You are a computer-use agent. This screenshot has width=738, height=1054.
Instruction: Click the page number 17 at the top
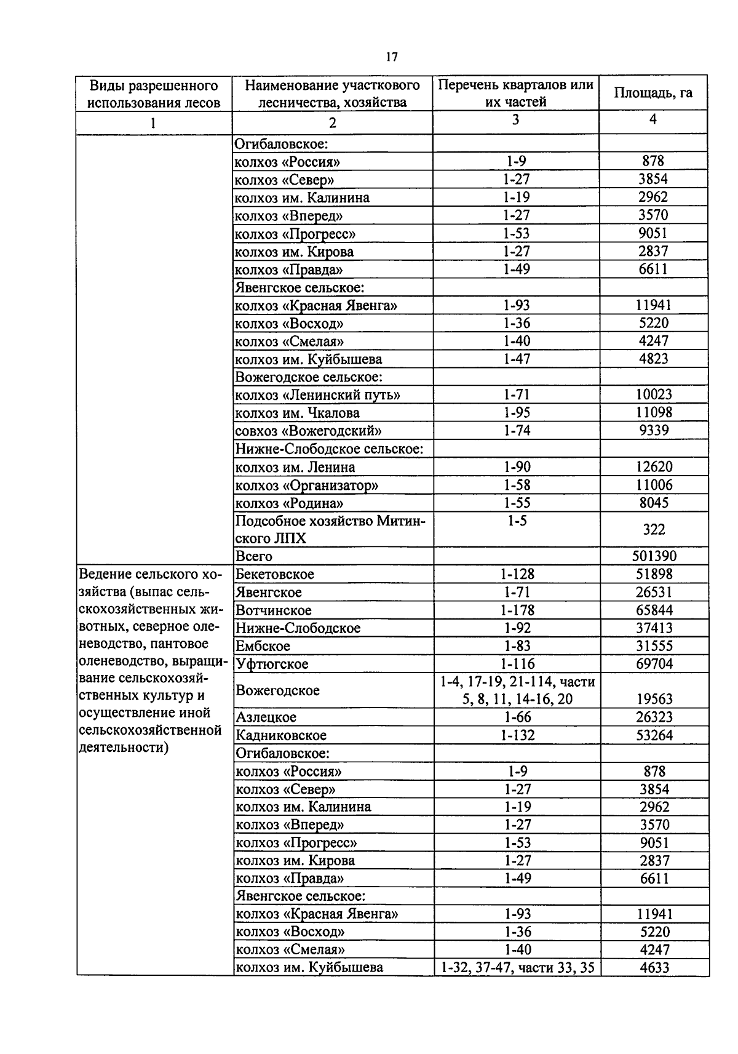point(392,57)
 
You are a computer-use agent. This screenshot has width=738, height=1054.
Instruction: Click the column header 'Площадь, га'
point(653,93)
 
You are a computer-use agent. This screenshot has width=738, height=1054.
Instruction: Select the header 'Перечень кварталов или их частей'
point(515,93)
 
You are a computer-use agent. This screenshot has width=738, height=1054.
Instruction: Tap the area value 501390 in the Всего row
point(654,556)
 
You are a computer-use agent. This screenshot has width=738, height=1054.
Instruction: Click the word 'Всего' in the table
point(254,556)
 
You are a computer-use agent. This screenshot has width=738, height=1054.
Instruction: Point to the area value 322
point(653,529)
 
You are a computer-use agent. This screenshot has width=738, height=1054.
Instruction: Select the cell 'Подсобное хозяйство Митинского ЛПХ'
point(330,529)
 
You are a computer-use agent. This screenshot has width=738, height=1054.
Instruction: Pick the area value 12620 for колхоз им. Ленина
point(654,466)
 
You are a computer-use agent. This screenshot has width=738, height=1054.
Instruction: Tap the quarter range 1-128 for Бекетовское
point(517,574)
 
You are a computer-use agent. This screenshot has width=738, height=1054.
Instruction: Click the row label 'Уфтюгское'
point(272,664)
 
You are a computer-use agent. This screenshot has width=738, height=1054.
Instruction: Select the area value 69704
point(654,664)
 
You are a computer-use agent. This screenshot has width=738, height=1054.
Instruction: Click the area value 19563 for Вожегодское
point(654,699)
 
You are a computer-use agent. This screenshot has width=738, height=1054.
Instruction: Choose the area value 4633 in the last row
point(654,967)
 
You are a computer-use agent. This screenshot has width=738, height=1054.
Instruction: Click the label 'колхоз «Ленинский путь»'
point(317,395)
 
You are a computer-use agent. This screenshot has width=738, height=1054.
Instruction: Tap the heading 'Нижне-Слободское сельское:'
point(329,449)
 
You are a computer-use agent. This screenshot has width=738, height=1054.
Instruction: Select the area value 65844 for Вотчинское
point(654,610)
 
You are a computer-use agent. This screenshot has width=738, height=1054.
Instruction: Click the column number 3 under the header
point(515,120)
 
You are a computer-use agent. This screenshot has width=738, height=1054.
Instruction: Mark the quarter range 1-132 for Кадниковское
point(517,735)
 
